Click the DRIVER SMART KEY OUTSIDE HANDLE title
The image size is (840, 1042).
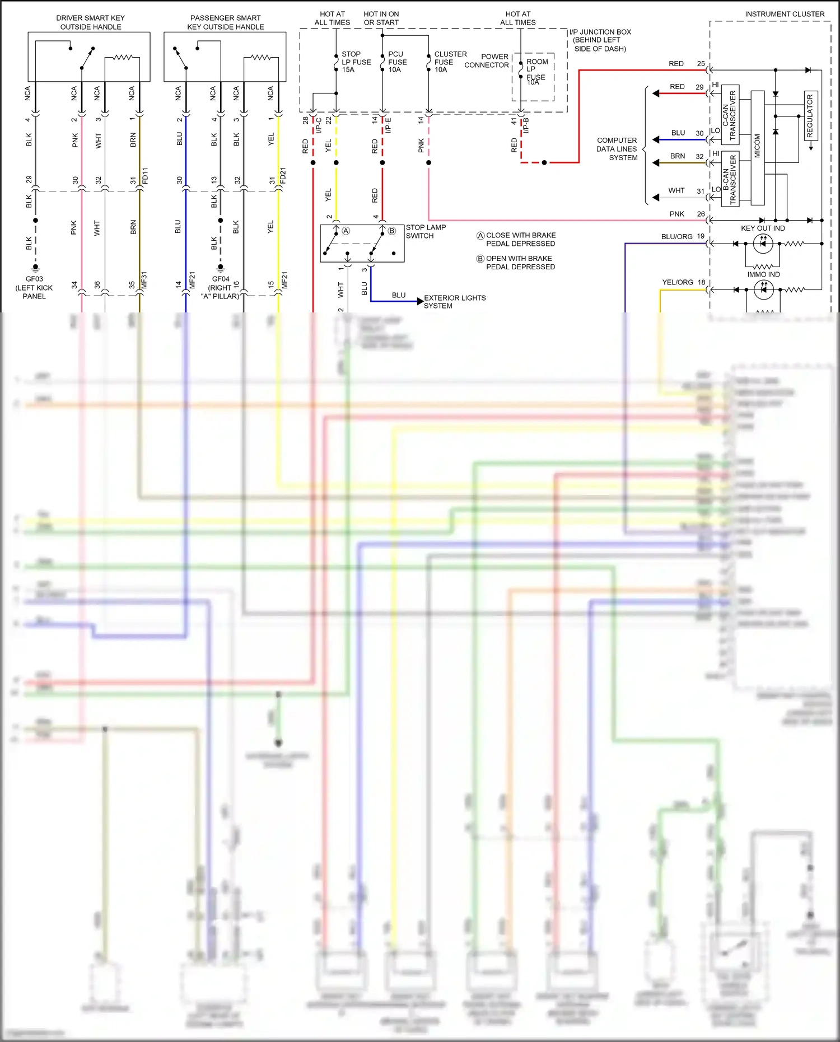click(x=90, y=22)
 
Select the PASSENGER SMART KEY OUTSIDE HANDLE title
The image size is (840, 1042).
click(x=225, y=22)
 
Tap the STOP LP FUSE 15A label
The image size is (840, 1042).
click(x=356, y=62)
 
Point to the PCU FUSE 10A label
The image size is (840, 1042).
click(x=397, y=62)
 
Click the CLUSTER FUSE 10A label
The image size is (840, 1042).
click(x=450, y=62)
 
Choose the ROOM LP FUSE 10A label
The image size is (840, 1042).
click(x=536, y=71)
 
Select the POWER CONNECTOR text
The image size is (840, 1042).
click(x=487, y=60)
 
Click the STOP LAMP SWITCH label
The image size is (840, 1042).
click(x=425, y=231)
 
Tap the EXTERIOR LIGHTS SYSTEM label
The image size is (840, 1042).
click(x=454, y=302)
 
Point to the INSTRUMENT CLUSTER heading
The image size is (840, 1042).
click(x=784, y=14)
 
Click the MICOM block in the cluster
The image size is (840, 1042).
click(x=757, y=147)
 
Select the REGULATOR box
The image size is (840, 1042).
click(x=810, y=115)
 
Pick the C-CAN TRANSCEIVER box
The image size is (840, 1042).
click(x=730, y=115)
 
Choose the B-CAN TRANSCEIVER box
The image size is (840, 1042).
click(x=730, y=179)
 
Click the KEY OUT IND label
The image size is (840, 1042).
click(x=763, y=228)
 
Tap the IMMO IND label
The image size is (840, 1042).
click(x=763, y=274)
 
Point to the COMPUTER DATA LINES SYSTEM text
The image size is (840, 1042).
click(x=617, y=149)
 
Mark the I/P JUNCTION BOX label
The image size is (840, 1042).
click(x=599, y=40)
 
